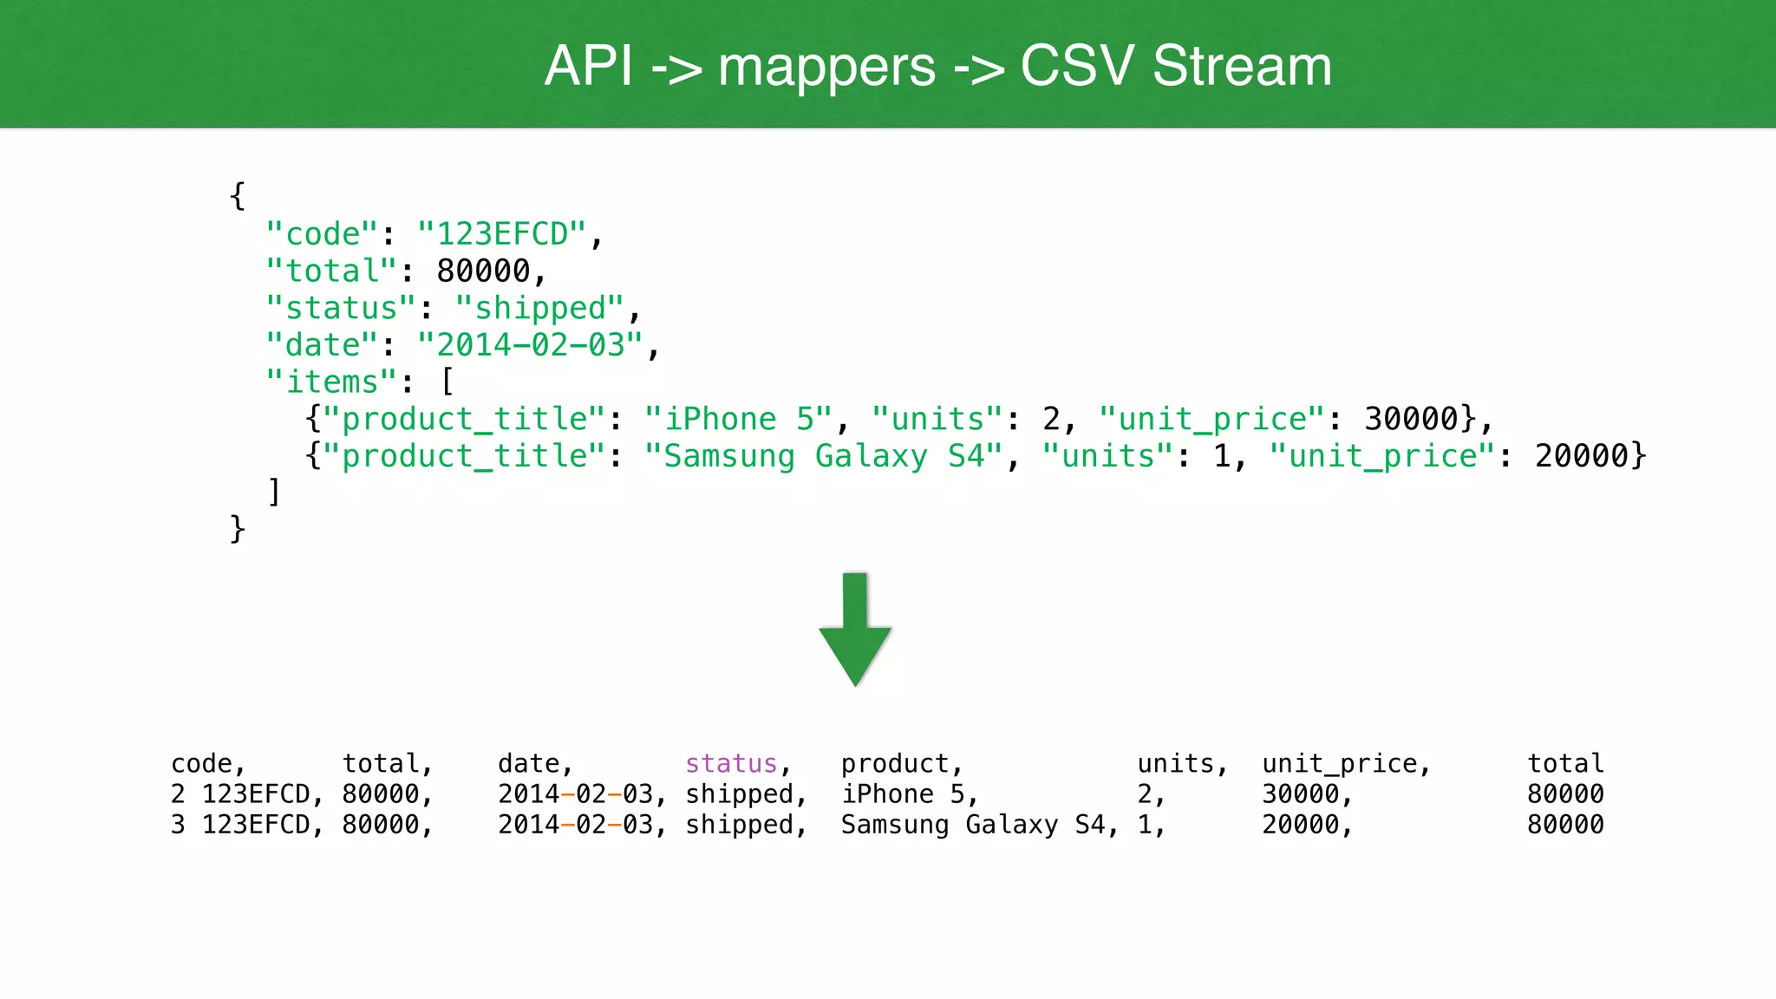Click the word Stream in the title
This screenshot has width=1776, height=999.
point(1242,66)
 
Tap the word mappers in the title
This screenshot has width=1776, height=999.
point(826,68)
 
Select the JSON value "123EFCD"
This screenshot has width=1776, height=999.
point(502,234)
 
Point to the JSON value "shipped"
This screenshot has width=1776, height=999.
point(539,309)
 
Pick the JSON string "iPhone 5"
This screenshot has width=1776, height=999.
point(738,420)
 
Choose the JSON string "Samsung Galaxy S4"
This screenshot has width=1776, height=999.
point(823,457)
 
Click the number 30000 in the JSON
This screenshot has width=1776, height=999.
point(1411,420)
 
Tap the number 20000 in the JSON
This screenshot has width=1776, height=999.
point(1582,457)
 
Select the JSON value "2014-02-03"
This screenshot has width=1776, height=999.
point(530,346)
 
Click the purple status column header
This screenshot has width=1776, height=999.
point(731,764)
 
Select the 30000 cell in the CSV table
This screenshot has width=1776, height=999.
point(1301,794)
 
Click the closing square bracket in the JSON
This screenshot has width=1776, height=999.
point(274,493)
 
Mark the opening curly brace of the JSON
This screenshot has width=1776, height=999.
point(238,196)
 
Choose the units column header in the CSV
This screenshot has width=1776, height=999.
point(1176,764)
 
